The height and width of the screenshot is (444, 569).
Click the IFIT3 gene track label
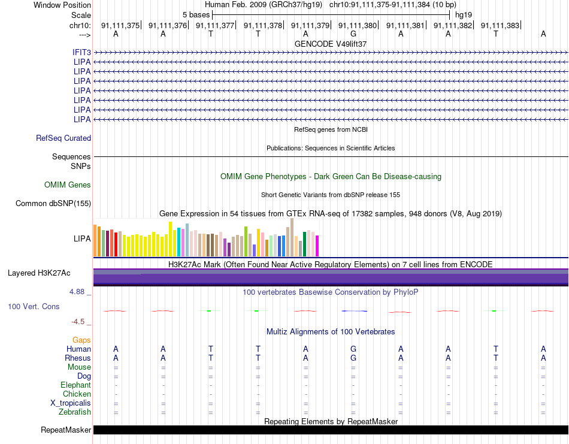point(81,53)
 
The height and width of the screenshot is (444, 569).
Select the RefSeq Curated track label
point(63,138)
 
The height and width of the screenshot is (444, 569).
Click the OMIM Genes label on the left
point(68,185)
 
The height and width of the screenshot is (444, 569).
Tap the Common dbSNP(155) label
point(53,203)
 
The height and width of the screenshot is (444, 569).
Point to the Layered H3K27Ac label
point(39,273)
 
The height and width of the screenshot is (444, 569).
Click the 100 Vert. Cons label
point(34,306)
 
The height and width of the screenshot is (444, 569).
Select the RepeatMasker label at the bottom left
point(66,430)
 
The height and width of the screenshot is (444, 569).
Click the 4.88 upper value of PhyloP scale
point(77,292)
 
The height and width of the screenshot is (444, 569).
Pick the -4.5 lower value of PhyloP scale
point(78,322)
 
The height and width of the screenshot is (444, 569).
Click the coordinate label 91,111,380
point(358,25)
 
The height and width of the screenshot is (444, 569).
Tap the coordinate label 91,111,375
point(120,25)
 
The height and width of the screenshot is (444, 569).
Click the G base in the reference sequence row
point(353,34)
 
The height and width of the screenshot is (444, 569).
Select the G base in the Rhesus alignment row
point(353,358)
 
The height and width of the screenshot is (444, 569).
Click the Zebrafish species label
point(75,412)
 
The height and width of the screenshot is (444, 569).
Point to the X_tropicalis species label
point(71,403)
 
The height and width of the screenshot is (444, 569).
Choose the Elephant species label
point(76,385)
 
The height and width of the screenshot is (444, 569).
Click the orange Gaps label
point(81,340)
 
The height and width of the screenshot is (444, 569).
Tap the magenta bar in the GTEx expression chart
point(317,246)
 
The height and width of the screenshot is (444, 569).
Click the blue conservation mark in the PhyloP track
point(354,311)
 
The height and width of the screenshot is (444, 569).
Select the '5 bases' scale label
point(196,15)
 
